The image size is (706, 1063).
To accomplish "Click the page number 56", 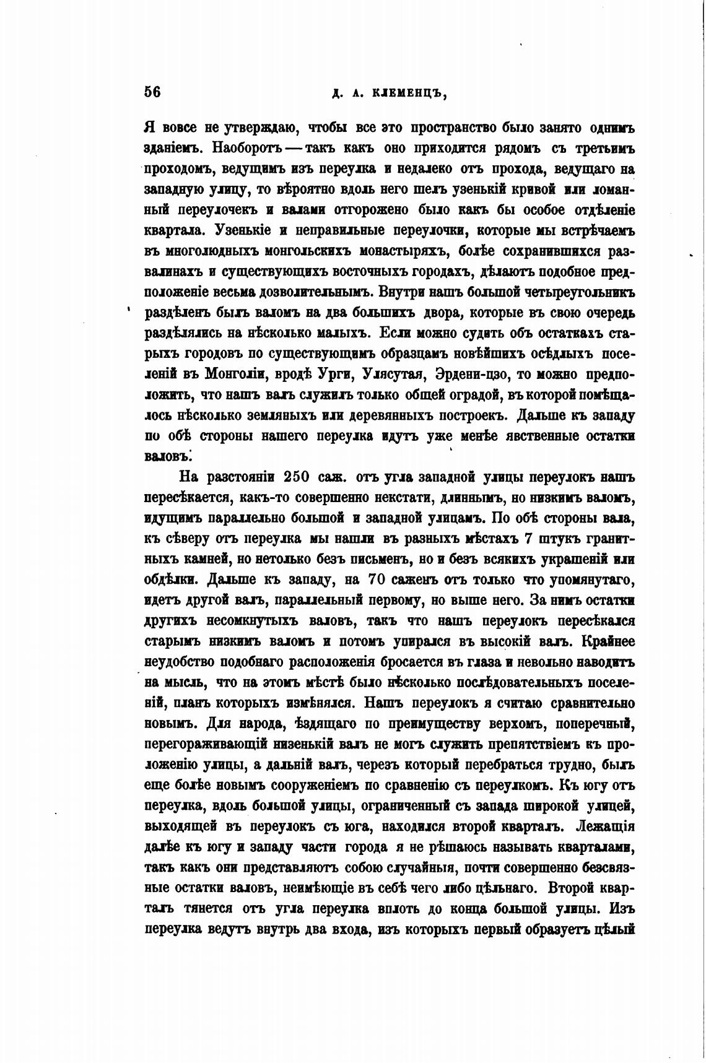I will (152, 92).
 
